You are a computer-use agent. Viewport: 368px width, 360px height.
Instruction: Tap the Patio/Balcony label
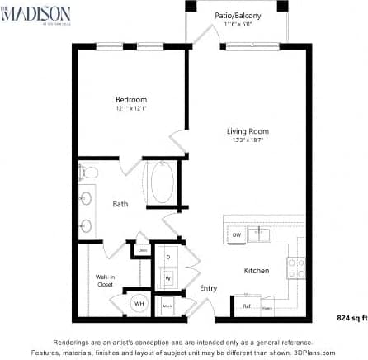[x=238, y=15]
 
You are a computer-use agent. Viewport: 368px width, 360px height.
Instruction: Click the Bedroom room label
[x=130, y=100]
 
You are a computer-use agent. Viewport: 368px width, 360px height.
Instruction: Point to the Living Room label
[x=248, y=130]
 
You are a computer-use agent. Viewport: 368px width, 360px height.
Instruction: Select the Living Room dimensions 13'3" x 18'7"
[x=248, y=140]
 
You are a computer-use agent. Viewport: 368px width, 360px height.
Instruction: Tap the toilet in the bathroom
[x=88, y=173]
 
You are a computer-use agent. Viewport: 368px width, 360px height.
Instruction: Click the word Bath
[x=120, y=203]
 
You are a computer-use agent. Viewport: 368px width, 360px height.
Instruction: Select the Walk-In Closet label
[x=104, y=280]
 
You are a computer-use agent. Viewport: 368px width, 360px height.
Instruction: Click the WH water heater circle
[x=139, y=304]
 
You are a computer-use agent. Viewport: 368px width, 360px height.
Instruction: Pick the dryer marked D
[x=168, y=257]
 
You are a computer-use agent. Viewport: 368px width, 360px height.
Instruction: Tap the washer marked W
[x=168, y=277]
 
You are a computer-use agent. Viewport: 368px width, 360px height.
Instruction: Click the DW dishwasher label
[x=237, y=235]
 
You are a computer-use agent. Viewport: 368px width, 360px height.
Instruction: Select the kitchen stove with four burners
[x=295, y=268]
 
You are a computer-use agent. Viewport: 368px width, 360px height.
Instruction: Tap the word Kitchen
[x=256, y=271]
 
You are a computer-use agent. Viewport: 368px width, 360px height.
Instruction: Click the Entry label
[x=208, y=288]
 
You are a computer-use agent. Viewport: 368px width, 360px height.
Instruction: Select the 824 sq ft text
[x=351, y=316]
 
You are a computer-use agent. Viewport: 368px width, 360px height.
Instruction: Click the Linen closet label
[x=142, y=249]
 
